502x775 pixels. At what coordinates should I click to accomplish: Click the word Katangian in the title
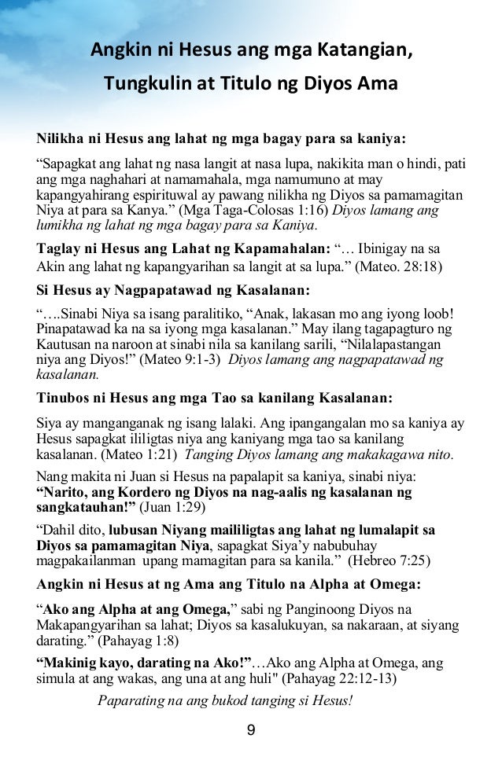click(362, 52)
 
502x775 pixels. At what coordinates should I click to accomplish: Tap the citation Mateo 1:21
click(130, 457)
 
